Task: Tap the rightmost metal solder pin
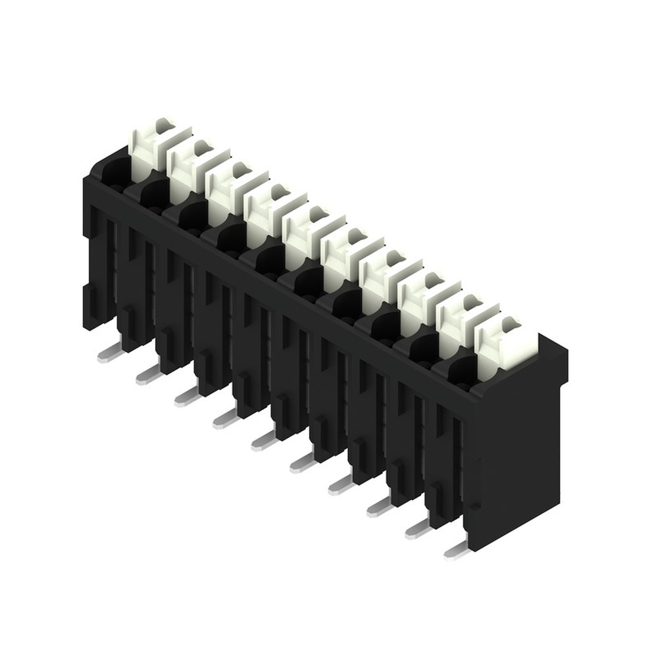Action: [456, 551]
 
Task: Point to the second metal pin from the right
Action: [416, 530]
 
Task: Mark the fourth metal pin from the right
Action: [340, 486]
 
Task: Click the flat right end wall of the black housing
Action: [520, 461]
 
